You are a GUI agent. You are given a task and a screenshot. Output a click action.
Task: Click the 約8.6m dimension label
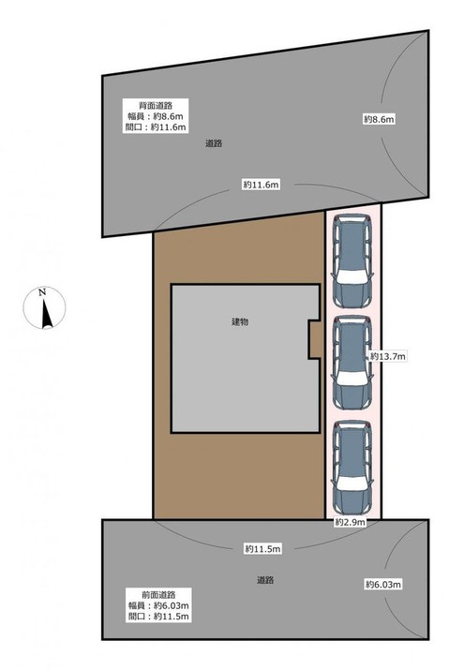(x=379, y=119)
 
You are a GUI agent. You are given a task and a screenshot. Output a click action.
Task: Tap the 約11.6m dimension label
(x=262, y=185)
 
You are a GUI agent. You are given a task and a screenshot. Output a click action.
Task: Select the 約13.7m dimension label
(x=388, y=356)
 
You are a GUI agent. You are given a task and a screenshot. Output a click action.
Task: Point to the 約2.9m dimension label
(x=351, y=522)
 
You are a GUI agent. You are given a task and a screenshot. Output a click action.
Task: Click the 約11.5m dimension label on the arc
(x=262, y=549)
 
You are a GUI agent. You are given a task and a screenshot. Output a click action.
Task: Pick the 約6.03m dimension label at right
(x=383, y=584)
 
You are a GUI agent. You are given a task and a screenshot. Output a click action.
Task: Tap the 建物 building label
(x=240, y=321)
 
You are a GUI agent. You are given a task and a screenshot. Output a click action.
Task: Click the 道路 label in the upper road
(x=214, y=143)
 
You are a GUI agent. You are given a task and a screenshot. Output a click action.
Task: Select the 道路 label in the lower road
(x=265, y=580)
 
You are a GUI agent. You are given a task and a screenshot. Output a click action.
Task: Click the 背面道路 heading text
(x=156, y=105)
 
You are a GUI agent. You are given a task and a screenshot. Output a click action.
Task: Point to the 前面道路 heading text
(x=158, y=595)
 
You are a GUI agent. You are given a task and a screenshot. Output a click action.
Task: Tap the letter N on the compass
(x=42, y=292)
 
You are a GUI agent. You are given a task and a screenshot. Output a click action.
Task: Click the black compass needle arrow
(x=46, y=314)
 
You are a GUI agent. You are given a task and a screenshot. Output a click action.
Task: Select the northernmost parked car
(x=352, y=261)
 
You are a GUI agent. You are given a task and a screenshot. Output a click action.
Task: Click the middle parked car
(x=352, y=364)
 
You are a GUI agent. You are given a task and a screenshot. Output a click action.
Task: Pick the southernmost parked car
(x=352, y=468)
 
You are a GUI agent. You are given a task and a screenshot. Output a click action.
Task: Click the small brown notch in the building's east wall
(x=314, y=339)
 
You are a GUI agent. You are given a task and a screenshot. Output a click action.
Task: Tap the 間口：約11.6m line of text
(x=156, y=127)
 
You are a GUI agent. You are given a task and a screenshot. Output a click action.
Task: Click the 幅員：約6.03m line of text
(x=158, y=605)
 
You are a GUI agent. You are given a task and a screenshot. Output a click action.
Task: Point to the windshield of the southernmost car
(x=352, y=483)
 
